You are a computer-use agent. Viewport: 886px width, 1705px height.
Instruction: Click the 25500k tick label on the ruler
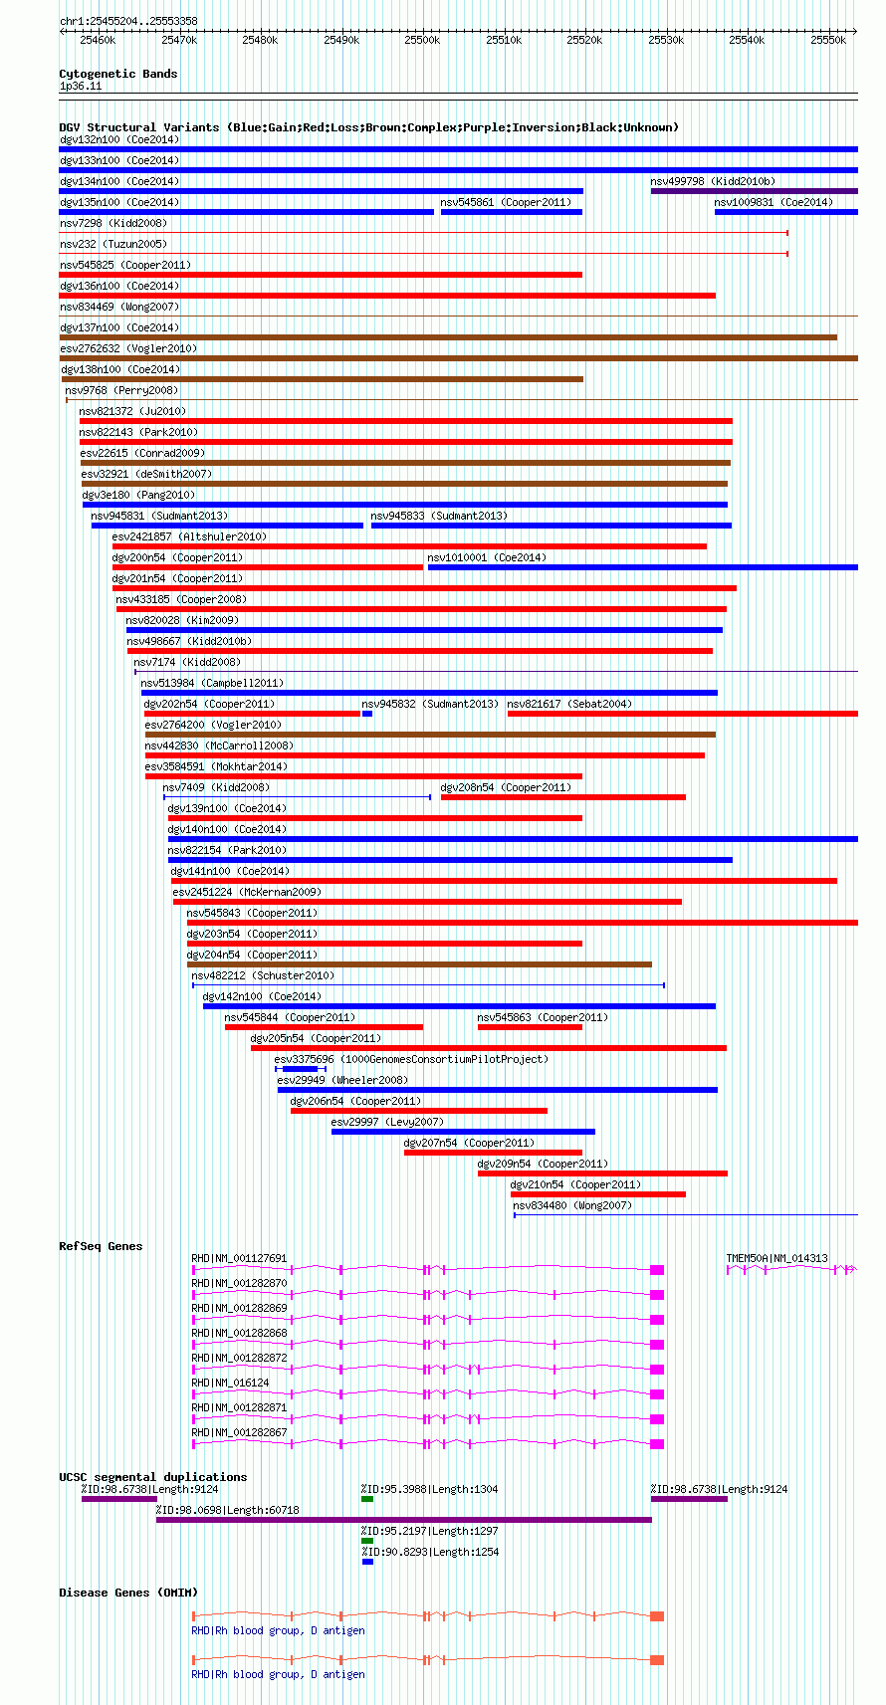pyautogui.click(x=422, y=41)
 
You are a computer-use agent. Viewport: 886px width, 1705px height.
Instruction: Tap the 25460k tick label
pyautogui.click(x=99, y=41)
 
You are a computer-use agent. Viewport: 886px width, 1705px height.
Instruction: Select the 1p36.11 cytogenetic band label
pyautogui.click(x=81, y=86)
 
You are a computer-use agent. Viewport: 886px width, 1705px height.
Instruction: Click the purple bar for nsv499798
pyautogui.click(x=755, y=191)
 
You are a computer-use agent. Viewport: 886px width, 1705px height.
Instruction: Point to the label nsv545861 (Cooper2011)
pyautogui.click(x=506, y=202)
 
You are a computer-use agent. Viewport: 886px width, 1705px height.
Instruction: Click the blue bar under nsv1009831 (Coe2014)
pyautogui.click(x=786, y=212)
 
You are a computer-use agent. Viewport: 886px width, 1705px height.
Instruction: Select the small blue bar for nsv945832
pyautogui.click(x=367, y=714)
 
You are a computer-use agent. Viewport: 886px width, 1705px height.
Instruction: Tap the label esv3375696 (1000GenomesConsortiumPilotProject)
pyautogui.click(x=411, y=1059)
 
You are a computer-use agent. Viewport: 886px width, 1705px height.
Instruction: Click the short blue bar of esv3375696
pyautogui.click(x=300, y=1069)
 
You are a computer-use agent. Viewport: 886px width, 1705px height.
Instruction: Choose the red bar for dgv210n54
pyautogui.click(x=598, y=1194)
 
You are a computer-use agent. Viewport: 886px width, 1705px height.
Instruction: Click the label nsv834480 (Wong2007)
pyautogui.click(x=572, y=1205)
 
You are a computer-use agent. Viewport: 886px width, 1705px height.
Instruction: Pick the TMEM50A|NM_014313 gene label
pyautogui.click(x=777, y=1258)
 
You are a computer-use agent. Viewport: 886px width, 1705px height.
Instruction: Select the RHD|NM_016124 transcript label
pyautogui.click(x=230, y=1383)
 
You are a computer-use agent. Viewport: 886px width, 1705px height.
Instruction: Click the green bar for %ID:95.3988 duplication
pyautogui.click(x=367, y=1499)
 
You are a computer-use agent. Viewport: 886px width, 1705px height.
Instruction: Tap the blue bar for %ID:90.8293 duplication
pyautogui.click(x=367, y=1561)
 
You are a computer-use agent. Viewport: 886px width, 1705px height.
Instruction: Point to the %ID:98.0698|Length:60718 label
pyautogui.click(x=228, y=1509)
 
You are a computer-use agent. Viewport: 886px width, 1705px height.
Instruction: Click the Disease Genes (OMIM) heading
pyautogui.click(x=128, y=1592)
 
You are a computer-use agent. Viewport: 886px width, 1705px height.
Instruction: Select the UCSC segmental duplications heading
pyautogui.click(x=153, y=1477)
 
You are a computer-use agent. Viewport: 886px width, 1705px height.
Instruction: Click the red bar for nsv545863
pyautogui.click(x=530, y=1027)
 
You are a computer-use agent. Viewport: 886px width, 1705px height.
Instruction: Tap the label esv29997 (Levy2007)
pyautogui.click(x=387, y=1121)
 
